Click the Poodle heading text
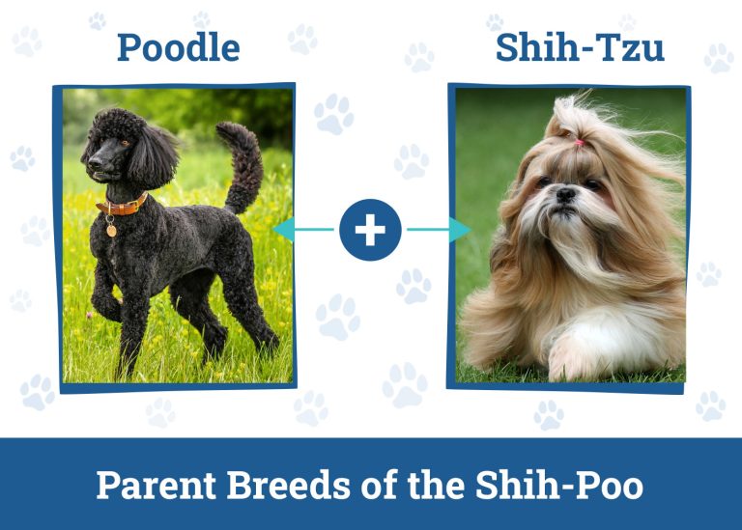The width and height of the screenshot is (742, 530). pyautogui.click(x=178, y=46)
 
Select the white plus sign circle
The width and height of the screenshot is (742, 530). pyautogui.click(x=370, y=230)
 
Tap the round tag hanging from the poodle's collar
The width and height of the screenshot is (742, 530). pyautogui.click(x=110, y=231)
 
